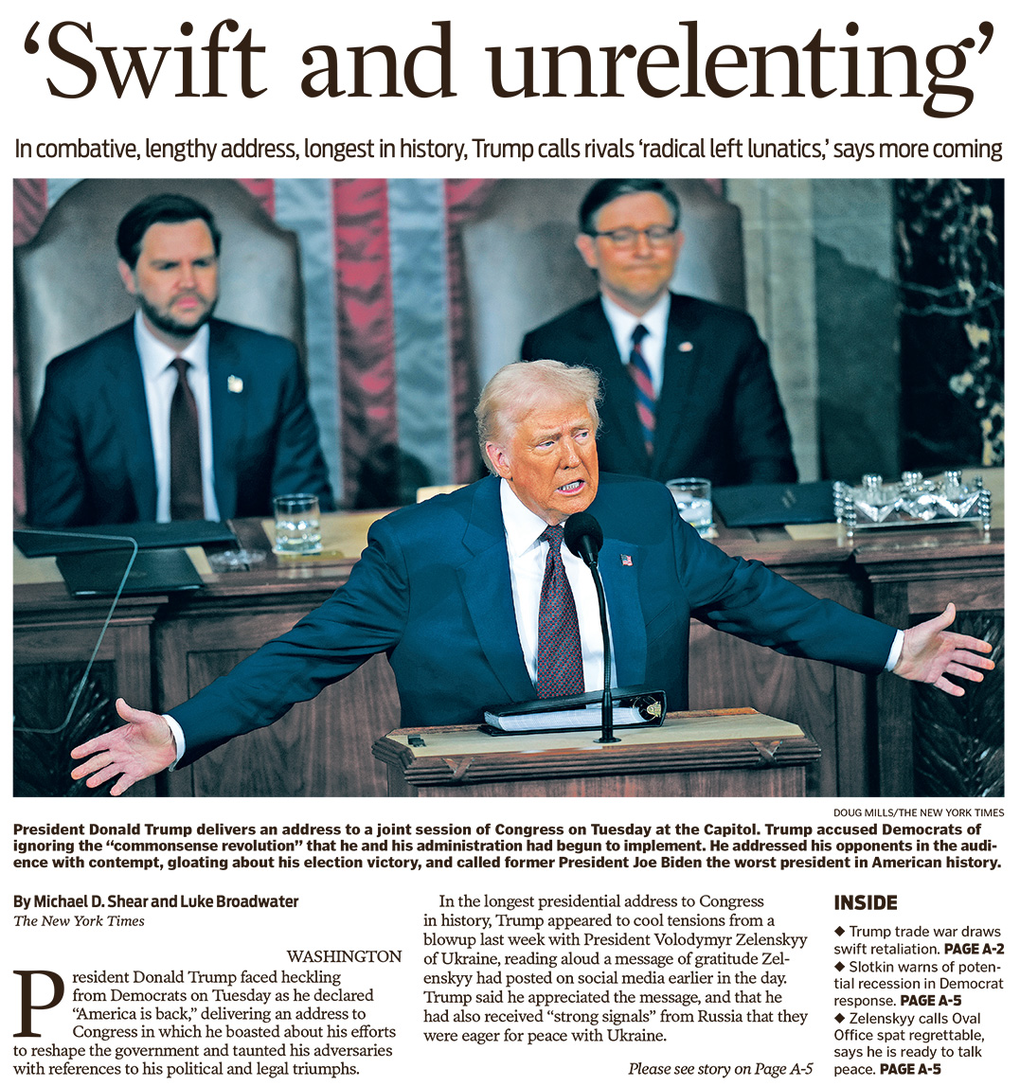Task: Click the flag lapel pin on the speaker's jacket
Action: pos(626,560)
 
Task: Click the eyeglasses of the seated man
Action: pos(635,235)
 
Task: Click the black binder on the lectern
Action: pos(575,710)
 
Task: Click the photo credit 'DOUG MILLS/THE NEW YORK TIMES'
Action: pos(919,812)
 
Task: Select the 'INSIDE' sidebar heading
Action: pos(865,902)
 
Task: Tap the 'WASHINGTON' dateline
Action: pos(344,956)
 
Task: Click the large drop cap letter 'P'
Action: pos(41,1002)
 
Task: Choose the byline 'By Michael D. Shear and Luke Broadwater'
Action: pos(155,900)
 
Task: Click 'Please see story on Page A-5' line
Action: pos(720,1068)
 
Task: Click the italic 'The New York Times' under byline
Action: pos(79,920)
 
